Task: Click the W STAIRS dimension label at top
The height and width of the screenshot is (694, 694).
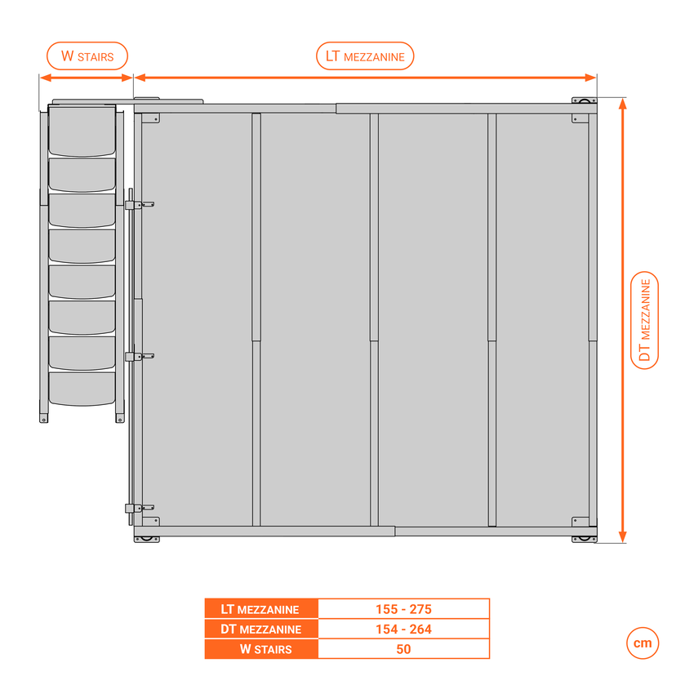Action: (x=87, y=56)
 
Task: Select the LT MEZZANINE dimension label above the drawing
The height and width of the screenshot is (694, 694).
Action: (x=365, y=56)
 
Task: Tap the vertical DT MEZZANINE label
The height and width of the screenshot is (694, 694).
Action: (x=645, y=320)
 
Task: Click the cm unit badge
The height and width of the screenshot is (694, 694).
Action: (x=643, y=643)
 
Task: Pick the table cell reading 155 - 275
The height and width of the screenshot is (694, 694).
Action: (x=403, y=609)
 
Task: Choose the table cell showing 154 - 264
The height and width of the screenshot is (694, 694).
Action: (x=403, y=629)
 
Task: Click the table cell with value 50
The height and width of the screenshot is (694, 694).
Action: (x=403, y=649)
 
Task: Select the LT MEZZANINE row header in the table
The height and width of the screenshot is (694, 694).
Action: (x=261, y=609)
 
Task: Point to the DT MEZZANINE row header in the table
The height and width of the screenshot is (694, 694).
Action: (x=261, y=629)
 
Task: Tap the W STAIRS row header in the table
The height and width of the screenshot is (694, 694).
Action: (x=261, y=649)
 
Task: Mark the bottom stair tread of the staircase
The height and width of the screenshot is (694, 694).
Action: (x=82, y=388)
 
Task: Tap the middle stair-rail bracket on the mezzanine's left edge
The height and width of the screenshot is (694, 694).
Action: (x=131, y=357)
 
